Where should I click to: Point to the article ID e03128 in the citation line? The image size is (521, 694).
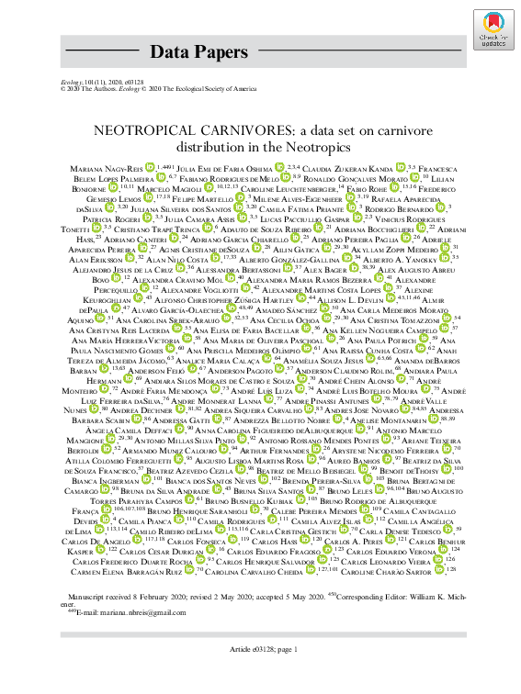click(x=130, y=82)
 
